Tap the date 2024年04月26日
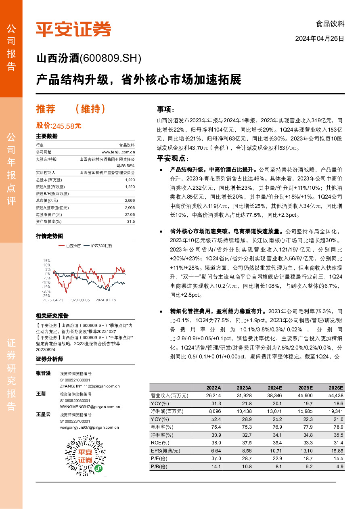pos(320,39)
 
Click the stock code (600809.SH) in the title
pos(111,59)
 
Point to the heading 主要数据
pos(47,136)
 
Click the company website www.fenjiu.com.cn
pos(118,152)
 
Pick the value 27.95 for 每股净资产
pos(130,214)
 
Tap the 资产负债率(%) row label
pos(49,221)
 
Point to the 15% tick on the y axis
pos(47,261)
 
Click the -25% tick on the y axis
pos(47,295)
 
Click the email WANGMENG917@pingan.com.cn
pos(90,407)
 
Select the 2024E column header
pos(275,387)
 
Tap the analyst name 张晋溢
pos(44,374)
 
